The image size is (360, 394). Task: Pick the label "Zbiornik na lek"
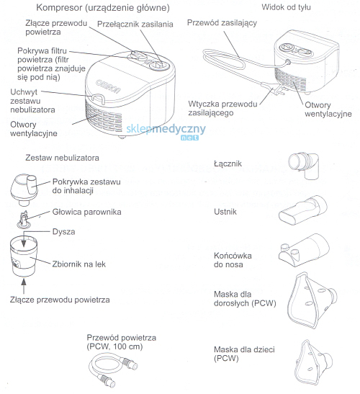[78, 264]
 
